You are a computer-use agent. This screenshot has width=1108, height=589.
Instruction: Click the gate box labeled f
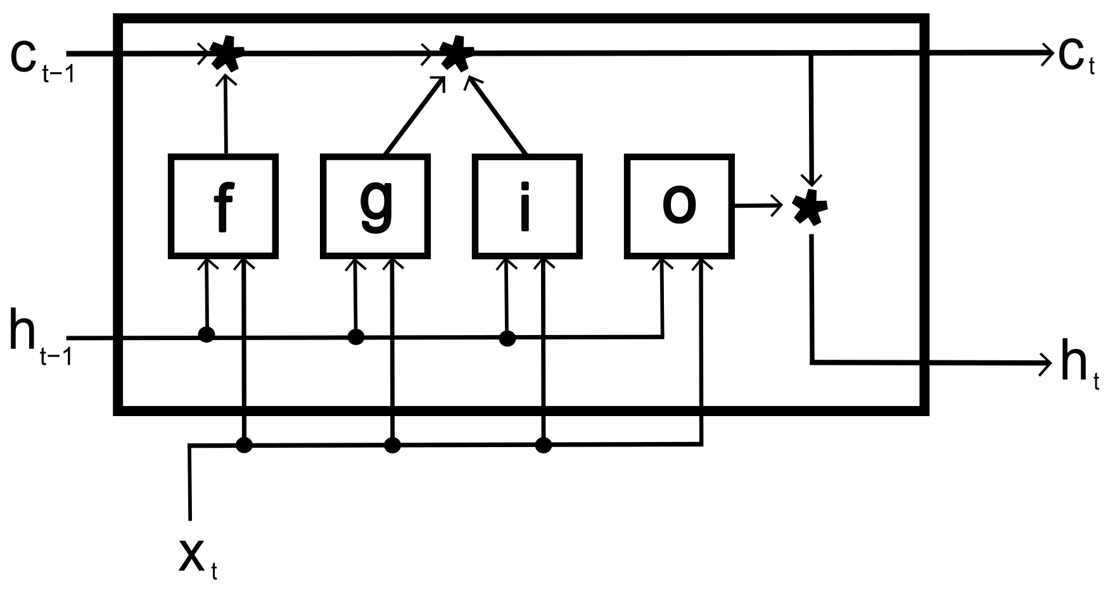coord(223,206)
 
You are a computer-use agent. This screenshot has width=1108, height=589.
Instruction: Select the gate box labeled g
coord(375,206)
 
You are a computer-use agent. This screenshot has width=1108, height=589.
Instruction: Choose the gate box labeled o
coord(678,206)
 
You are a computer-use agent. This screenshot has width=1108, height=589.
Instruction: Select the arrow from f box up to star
coord(225,114)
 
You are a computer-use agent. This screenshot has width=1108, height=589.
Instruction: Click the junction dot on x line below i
coord(543,445)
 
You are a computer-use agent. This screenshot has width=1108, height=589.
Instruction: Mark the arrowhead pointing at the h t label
coord(1044,363)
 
